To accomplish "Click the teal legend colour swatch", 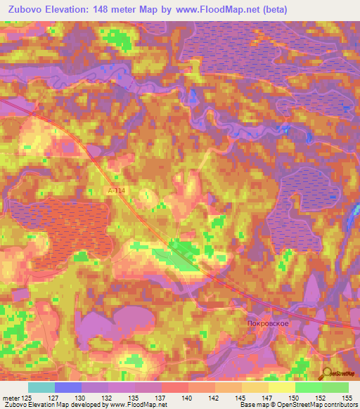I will click(41, 387).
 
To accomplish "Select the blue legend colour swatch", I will click(68, 387).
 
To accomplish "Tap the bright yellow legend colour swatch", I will click(281, 387).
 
